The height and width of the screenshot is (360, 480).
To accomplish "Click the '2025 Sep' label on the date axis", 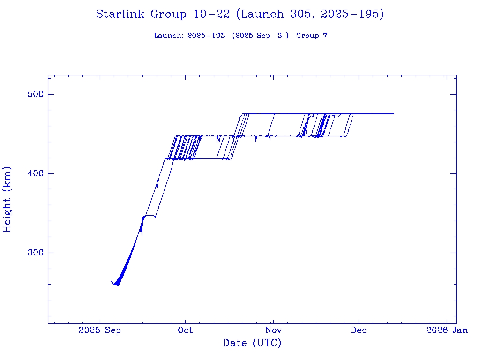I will [99, 330].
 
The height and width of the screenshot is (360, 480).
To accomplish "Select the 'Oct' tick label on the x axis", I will [186, 330].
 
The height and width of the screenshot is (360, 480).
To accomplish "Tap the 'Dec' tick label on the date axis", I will [359, 330].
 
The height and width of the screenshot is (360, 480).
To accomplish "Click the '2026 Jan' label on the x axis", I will [447, 330].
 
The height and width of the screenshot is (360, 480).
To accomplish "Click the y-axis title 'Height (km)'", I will [7, 199].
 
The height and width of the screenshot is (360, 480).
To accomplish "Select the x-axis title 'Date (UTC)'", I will [252, 343].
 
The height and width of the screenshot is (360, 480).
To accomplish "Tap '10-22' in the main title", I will [211, 14].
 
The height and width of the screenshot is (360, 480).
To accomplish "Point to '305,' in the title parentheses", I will [300, 14].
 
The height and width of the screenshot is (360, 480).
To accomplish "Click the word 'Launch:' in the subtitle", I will [169, 36].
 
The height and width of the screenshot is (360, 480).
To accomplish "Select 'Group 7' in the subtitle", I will [312, 36].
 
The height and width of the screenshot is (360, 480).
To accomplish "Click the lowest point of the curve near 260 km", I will [117, 285].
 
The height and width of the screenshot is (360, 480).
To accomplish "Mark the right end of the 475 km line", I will [394, 114].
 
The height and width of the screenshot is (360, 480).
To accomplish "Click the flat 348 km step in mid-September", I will [150, 215].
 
